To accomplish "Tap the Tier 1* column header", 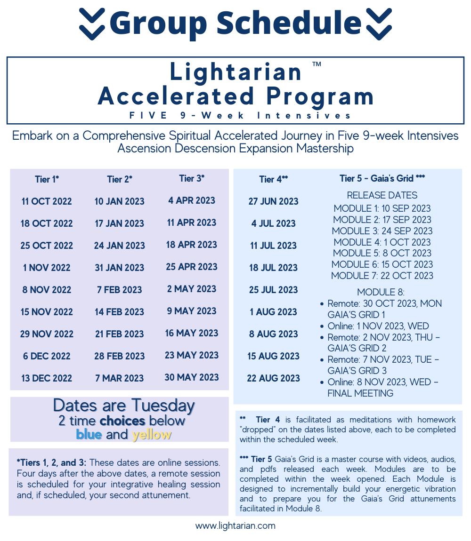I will coord(47,179).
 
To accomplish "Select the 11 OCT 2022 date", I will coord(47,201).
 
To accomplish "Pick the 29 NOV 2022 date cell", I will coord(47,334).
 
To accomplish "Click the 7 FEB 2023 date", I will coord(119,290).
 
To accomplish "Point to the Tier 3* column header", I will coord(192,179).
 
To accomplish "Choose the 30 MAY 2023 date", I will coord(192,377).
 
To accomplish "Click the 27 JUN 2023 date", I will coord(274,201).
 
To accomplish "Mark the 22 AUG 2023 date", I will coord(274,378).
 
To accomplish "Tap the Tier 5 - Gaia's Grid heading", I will coord(382,178).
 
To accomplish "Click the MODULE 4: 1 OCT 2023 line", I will coord(382,242).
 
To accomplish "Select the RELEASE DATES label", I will coord(382,195).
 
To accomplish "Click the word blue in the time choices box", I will coord(89,434).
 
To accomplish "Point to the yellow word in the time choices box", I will coord(152,434).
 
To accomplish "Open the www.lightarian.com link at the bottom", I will coord(235,526).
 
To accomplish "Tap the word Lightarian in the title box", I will coord(235,72).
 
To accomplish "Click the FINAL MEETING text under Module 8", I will coord(360,393).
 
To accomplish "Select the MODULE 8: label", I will coord(381,292).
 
